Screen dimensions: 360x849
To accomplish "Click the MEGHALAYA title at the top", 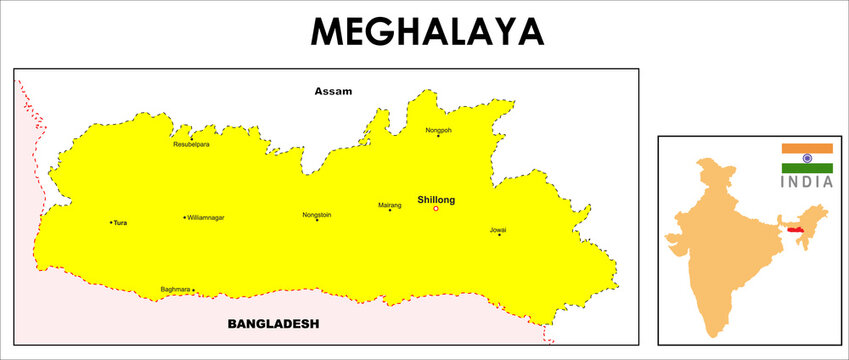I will [x=427, y=32].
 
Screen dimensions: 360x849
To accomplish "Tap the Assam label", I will [x=333, y=91].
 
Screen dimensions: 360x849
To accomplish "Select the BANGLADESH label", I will [x=273, y=324].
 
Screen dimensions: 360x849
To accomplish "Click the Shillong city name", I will [x=436, y=200].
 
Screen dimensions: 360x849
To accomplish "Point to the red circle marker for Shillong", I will [x=436, y=209].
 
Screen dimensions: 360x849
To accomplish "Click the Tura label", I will [x=121, y=222].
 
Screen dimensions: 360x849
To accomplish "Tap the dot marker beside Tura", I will [x=110, y=222].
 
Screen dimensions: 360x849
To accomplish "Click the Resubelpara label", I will [x=192, y=144].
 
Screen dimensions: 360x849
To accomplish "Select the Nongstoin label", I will [x=317, y=214].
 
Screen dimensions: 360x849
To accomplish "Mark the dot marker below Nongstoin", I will [x=317, y=220].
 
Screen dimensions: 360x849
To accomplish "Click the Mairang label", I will [x=390, y=205].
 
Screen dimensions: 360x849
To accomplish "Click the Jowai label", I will [x=498, y=230].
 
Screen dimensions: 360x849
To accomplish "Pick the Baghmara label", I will [x=174, y=290].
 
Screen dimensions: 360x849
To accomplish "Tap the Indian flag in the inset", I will [x=807, y=158].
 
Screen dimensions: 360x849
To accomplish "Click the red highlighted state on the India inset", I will [x=796, y=229].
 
